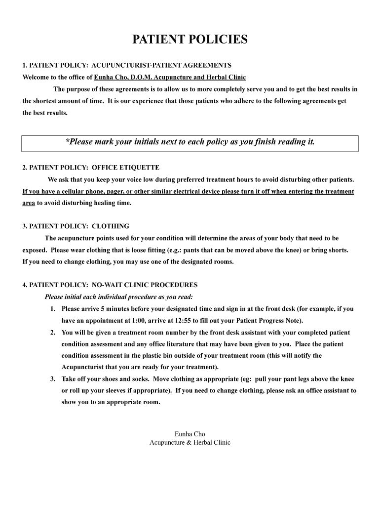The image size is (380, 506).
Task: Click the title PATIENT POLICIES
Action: coord(190,40)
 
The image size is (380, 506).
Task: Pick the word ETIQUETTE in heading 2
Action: coord(139,168)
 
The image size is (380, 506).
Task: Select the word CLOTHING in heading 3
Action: coord(111,226)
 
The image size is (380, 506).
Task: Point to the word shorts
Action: coord(338,250)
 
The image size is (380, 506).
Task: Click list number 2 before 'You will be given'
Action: coord(52,333)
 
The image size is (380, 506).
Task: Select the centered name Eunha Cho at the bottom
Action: coord(190,434)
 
